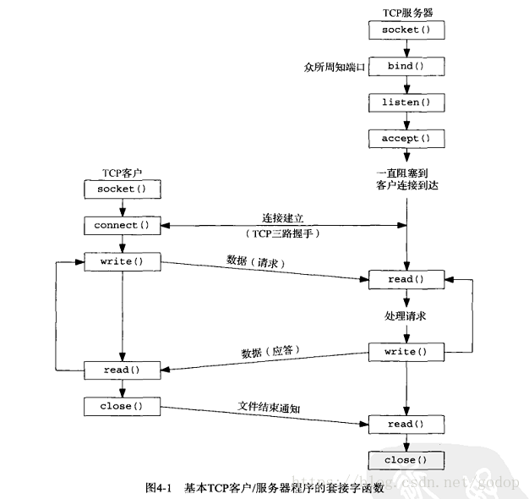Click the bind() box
406,66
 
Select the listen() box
406,102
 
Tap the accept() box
406,139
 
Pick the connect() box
122,225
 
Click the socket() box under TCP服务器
406,30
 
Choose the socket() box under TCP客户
122,189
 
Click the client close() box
122,407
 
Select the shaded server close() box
406,461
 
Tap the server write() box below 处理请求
406,351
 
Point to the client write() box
122,261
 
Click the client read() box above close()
122,370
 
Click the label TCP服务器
406,12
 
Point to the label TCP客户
121,171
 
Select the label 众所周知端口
334,67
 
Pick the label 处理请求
406,315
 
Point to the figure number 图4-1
159,488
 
